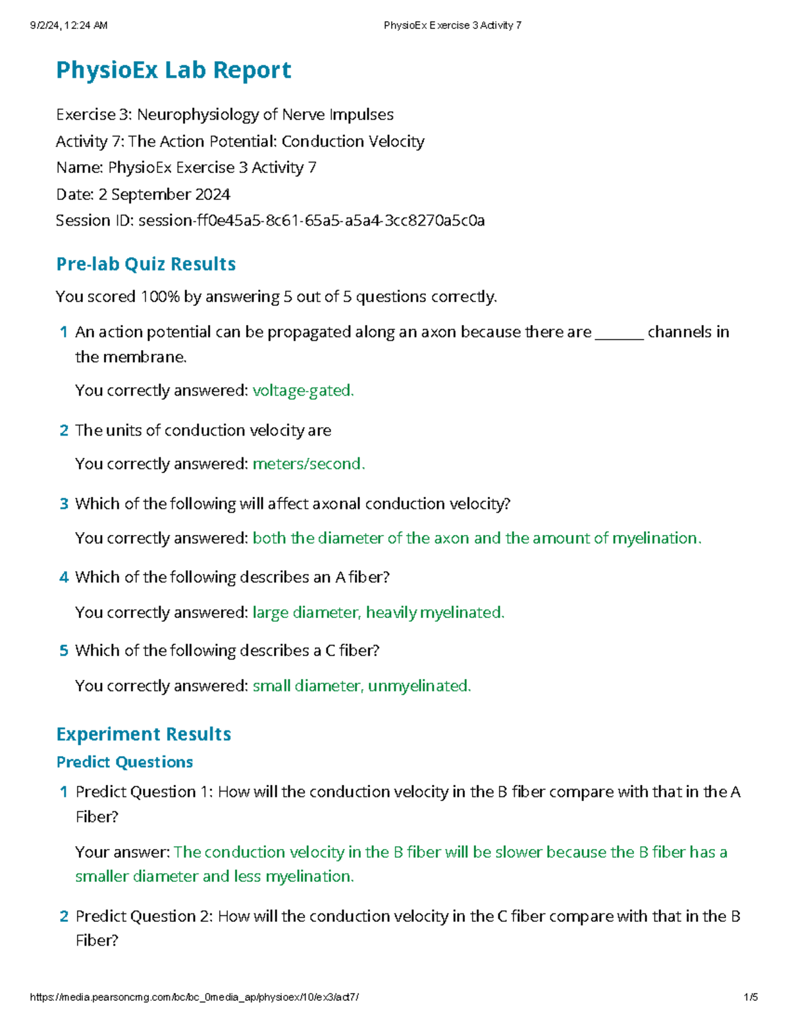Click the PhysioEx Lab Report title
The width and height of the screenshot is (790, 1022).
(x=173, y=70)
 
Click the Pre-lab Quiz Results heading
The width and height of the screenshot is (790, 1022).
(x=145, y=264)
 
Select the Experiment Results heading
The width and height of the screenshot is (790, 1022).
(x=144, y=734)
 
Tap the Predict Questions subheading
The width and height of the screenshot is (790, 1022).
(x=124, y=762)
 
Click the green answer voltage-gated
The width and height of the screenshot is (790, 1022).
(x=303, y=391)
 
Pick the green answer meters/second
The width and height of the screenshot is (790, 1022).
(x=308, y=464)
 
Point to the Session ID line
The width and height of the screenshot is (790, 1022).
(x=270, y=220)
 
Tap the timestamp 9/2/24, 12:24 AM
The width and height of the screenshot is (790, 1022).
(x=68, y=26)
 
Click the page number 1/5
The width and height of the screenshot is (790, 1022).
(x=750, y=997)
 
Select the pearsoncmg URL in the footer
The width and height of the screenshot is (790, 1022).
(x=194, y=997)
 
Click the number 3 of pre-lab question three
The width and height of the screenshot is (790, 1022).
(x=64, y=504)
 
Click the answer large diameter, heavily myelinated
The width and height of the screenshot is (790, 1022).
(x=378, y=613)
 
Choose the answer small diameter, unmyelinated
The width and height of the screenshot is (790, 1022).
(x=361, y=686)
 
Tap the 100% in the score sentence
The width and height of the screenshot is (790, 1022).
(x=160, y=297)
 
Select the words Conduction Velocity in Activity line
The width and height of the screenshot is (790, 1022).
(x=353, y=141)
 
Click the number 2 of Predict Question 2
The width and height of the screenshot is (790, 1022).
(x=64, y=916)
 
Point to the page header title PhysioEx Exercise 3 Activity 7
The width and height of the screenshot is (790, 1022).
(x=452, y=26)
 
